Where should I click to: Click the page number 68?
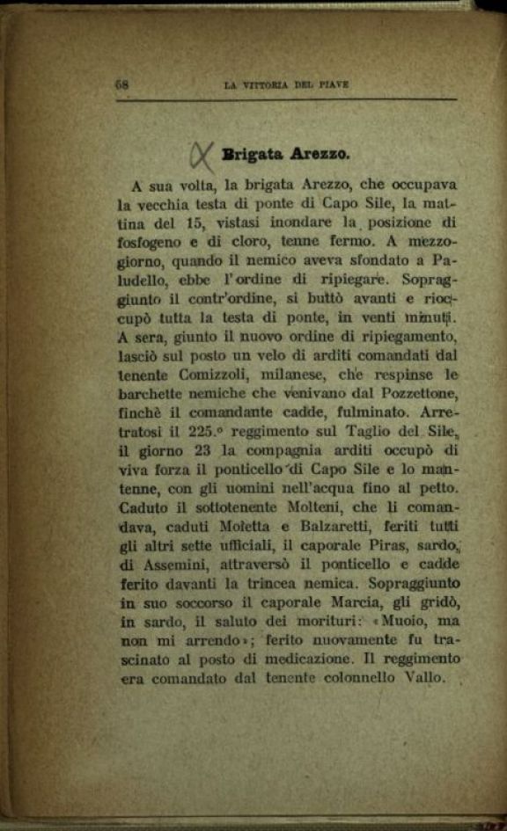pyautogui.click(x=121, y=85)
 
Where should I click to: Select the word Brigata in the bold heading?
pyautogui.click(x=252, y=154)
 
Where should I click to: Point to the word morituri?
pyautogui.click(x=313, y=623)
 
